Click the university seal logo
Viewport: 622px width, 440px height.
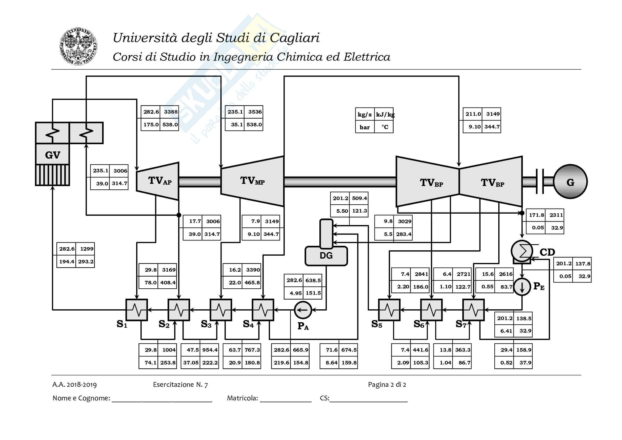tap(78, 46)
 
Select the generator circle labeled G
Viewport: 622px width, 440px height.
tap(570, 182)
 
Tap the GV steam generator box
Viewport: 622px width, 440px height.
tap(53, 155)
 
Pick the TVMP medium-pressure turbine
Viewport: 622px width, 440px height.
tap(252, 181)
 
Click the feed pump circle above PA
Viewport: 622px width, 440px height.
tap(303, 310)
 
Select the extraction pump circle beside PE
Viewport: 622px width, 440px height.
tap(522, 287)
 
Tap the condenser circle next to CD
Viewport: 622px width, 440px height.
tap(522, 251)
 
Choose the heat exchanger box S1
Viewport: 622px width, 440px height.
tap(137, 310)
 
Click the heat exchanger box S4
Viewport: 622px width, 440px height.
tap(263, 310)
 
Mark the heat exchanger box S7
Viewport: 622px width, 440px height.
tap(474, 310)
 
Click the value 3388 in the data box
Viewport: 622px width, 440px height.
tap(171, 112)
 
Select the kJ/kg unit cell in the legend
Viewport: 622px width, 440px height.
tap(385, 115)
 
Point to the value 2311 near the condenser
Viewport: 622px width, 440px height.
tap(556, 215)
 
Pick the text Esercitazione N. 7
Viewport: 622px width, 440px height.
tap(180, 385)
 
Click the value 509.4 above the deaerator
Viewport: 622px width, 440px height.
tap(359, 198)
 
